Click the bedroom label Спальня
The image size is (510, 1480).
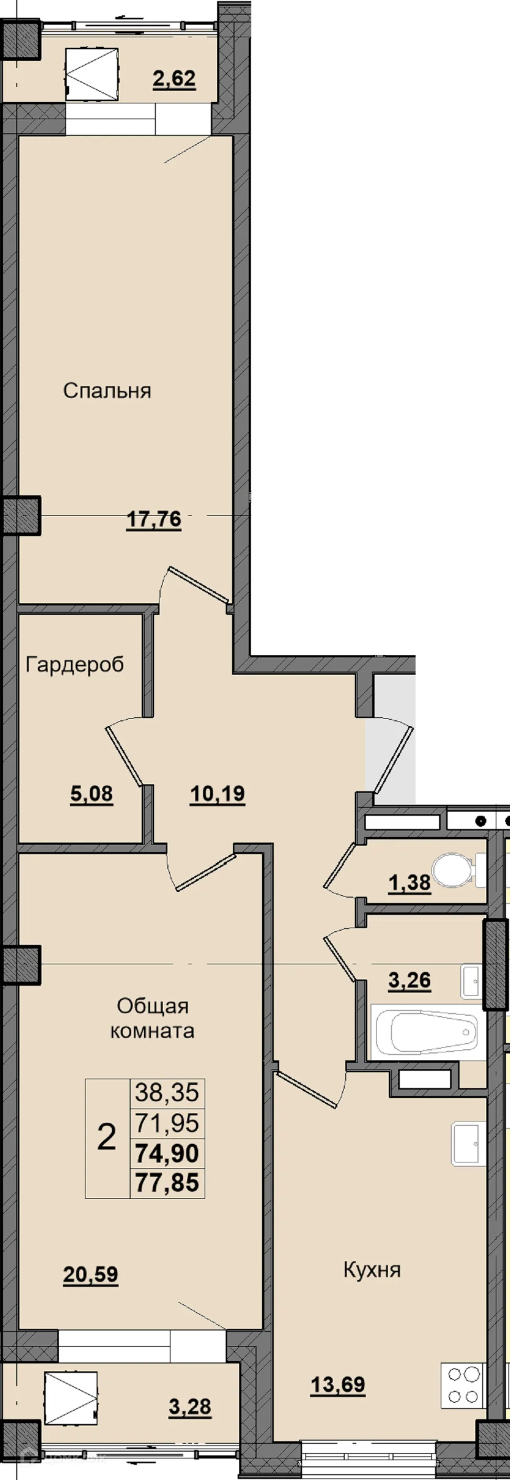[x=107, y=391]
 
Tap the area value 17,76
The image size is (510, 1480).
[x=153, y=519]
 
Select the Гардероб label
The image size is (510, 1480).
[x=75, y=664]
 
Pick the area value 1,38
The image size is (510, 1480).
[x=409, y=883]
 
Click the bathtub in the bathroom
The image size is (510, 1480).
[x=428, y=1032]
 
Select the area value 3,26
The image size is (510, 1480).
[x=409, y=981]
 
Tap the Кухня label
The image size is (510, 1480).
[x=371, y=1270]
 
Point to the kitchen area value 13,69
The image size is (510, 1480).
[x=338, y=1385]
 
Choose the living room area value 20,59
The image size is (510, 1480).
[x=91, y=1274]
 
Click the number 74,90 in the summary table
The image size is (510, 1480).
[x=167, y=1153]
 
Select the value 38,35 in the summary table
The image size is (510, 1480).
[x=167, y=1092]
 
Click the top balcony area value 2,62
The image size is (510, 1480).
[x=174, y=79]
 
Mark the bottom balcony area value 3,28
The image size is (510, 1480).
[x=190, y=1407]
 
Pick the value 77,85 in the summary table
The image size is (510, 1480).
[x=167, y=1183]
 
